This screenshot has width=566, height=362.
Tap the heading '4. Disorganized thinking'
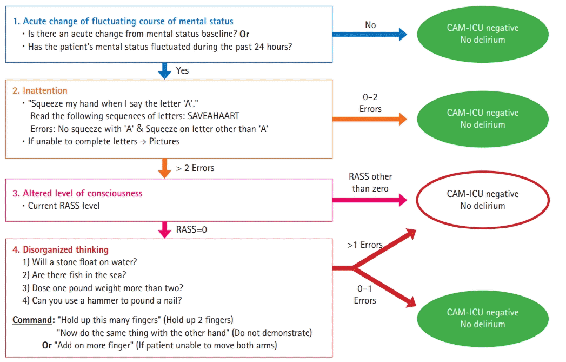60,249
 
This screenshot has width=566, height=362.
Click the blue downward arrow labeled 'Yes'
164,70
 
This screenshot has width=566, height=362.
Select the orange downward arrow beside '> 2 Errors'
164,168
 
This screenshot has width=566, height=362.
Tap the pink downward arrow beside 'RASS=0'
164,229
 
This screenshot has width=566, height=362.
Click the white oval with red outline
483,200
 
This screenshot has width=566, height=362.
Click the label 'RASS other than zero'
370,182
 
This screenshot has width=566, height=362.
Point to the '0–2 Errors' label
370,103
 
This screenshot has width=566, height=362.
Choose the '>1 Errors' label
365,245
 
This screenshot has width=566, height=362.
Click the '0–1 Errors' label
365,295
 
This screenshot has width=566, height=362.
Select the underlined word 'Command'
32,320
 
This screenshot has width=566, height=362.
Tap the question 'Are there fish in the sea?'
80,274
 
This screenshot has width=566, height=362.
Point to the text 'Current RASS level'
64,206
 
